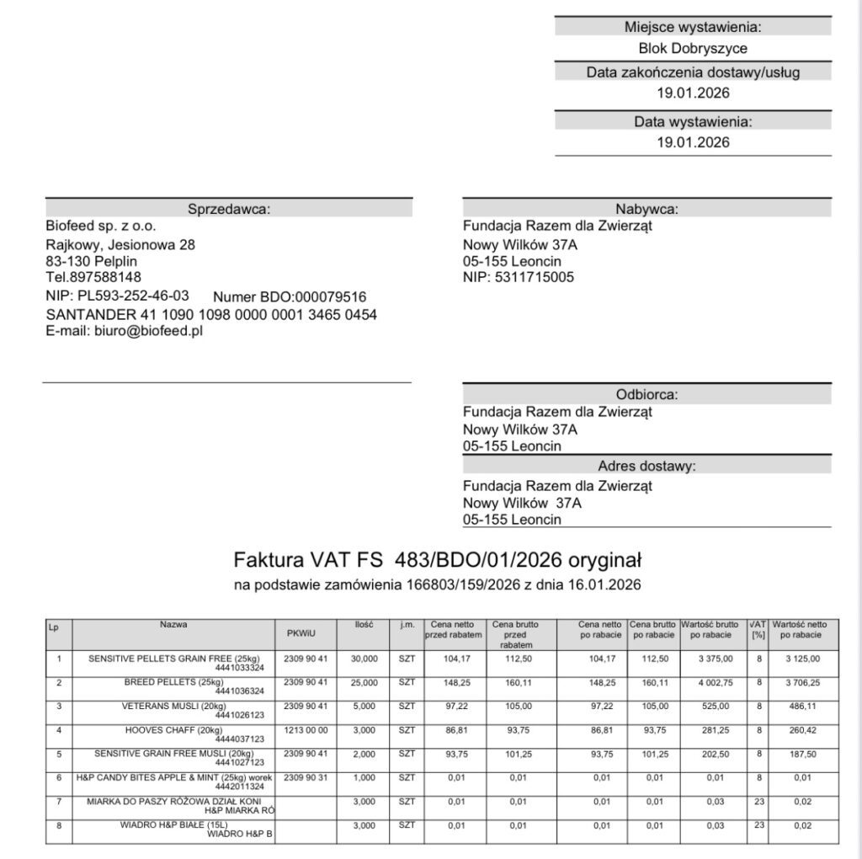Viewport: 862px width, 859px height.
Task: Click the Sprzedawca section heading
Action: [229, 209]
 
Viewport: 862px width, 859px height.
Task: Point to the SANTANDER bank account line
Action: [211, 314]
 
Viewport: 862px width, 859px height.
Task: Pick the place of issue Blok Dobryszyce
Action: [693, 49]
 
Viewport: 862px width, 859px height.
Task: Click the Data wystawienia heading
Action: [693, 121]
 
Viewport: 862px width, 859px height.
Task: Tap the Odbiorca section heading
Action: [646, 394]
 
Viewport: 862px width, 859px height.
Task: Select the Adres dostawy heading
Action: [646, 466]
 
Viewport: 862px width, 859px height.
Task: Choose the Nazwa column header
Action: [174, 625]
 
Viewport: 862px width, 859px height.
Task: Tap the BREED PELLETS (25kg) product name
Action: [173, 681]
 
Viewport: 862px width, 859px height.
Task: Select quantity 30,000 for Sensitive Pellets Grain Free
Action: [364, 659]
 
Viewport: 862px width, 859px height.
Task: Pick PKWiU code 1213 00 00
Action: [306, 729]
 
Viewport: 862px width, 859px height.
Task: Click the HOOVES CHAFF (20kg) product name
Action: [173, 729]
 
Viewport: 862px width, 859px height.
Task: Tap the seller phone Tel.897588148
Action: [93, 277]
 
